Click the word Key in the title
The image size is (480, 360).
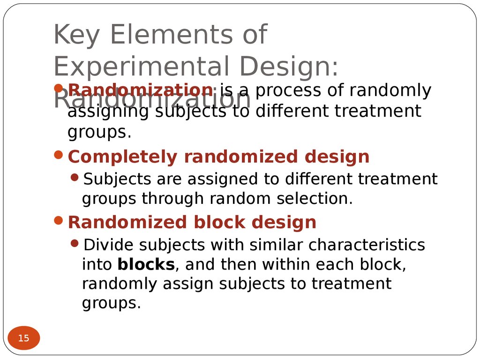tap(75, 35)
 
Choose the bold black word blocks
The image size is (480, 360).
tap(146, 265)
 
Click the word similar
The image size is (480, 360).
tap(276, 245)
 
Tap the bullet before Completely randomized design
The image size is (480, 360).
tap(59, 155)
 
